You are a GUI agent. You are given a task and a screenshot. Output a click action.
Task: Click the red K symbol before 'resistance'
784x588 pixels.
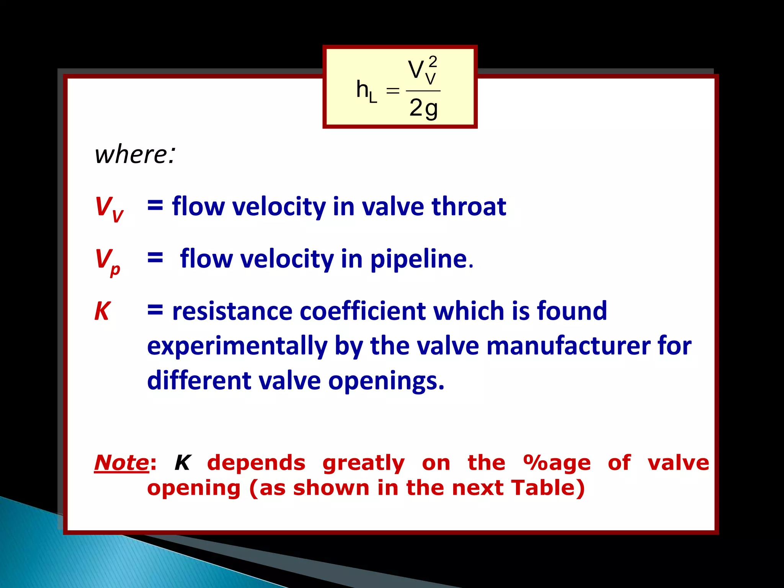pos(103,311)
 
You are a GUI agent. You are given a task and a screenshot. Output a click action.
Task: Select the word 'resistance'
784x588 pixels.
pos(232,311)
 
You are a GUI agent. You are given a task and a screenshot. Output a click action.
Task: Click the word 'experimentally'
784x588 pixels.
pos(237,346)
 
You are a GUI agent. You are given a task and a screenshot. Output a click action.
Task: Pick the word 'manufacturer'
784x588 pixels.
pos(568,346)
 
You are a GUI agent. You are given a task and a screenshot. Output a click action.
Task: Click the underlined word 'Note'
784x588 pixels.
pos(121,463)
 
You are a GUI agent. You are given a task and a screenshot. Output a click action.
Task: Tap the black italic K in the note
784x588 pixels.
pos(183,463)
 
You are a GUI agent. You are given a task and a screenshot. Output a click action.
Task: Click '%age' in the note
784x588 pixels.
pos(557,463)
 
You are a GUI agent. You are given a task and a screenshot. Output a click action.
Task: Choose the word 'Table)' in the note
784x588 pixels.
pos(548,488)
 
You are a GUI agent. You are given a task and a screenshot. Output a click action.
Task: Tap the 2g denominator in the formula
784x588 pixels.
pos(423,108)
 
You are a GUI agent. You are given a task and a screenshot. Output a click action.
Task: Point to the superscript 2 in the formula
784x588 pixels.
pos(433,61)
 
